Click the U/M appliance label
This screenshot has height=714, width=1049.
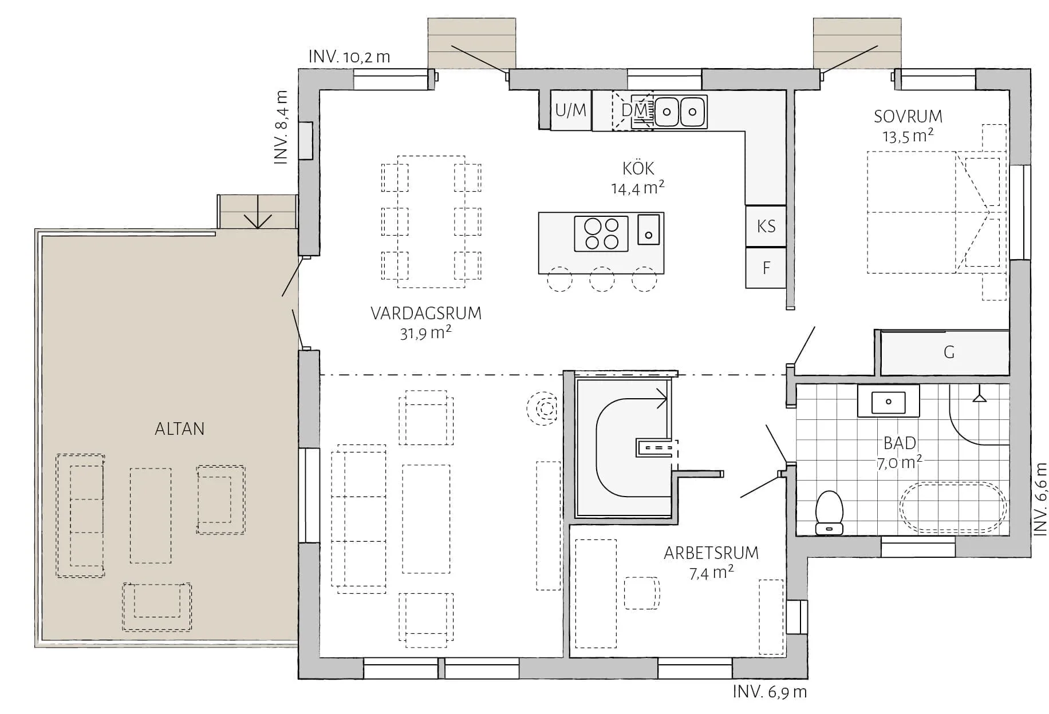pos(571,110)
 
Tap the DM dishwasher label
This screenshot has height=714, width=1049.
pos(634,110)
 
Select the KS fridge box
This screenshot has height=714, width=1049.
pos(766,227)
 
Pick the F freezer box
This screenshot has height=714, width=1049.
pos(766,268)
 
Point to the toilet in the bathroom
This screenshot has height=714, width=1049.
pos(830,513)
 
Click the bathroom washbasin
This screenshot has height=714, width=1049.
pos(888,402)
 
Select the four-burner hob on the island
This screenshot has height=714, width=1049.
pos(601,234)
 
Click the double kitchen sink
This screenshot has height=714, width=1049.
pos(680,112)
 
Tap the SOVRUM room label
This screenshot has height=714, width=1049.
pos(908,117)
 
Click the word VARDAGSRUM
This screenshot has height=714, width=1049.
pos(426,314)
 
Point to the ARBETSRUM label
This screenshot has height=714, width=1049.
pos(711,553)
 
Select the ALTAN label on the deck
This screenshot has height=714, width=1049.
pos(180,429)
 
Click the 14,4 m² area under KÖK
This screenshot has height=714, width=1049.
pos(638,188)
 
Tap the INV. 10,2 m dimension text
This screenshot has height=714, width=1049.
pos(349,57)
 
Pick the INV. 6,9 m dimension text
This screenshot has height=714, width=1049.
pos(770,692)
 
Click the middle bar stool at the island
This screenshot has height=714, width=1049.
pos(602,280)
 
